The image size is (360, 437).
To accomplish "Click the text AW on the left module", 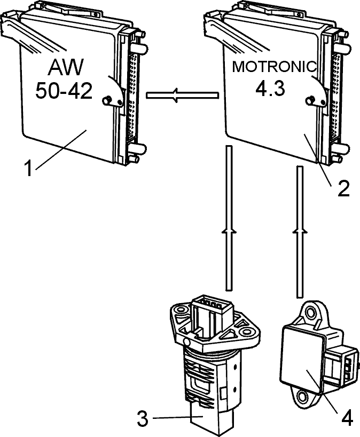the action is [66, 67].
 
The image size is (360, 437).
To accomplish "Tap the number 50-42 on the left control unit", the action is [64, 91].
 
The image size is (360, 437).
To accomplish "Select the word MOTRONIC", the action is [275, 67].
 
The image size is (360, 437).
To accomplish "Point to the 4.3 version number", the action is [270, 89].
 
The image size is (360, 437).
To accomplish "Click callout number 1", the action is [28, 168].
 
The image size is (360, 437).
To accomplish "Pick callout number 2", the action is [343, 188].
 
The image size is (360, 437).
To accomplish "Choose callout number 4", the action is [347, 418].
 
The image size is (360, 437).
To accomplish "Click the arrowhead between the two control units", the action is [175, 96].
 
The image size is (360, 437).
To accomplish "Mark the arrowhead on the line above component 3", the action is [229, 229].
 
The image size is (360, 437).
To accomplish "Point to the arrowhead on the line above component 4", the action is [300, 229].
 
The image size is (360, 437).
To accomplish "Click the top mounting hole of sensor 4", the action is [311, 314].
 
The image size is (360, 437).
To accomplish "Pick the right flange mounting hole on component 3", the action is [246, 331].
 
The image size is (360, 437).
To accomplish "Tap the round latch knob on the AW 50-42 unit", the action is [107, 100].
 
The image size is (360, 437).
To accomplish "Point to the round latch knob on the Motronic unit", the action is [310, 100].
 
